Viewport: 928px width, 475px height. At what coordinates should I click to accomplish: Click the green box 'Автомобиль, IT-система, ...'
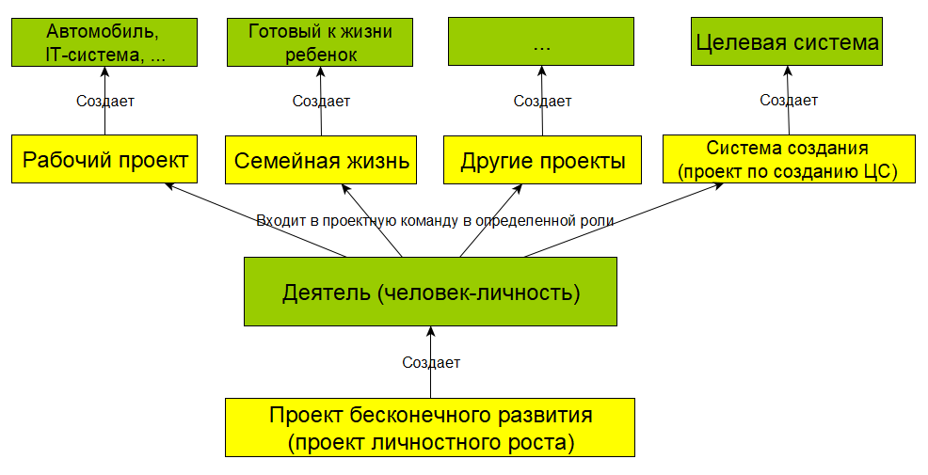click(104, 42)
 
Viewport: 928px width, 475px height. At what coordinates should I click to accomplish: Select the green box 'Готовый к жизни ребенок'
click(320, 42)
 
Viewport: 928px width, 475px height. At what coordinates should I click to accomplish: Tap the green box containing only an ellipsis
click(541, 40)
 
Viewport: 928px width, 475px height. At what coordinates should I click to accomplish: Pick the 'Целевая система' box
click(787, 40)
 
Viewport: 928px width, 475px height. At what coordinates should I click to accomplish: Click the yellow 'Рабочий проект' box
click(104, 159)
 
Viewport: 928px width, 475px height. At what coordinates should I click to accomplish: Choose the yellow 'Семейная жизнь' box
click(321, 160)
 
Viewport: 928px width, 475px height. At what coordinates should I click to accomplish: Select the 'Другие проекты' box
click(543, 160)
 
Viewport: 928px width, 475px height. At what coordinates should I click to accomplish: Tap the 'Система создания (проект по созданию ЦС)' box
click(789, 159)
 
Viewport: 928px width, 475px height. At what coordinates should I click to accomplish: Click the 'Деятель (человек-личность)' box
click(430, 292)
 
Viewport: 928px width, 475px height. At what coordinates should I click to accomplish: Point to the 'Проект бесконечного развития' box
click(430, 428)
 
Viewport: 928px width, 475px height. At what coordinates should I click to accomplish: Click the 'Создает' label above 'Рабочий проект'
click(105, 102)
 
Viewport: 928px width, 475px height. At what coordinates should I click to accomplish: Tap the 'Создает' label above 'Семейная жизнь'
click(321, 102)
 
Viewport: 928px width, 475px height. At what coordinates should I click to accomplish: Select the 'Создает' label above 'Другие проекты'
click(543, 102)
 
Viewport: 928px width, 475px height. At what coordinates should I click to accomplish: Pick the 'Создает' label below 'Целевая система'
click(789, 100)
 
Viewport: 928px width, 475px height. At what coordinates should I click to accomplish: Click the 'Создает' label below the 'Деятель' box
click(431, 362)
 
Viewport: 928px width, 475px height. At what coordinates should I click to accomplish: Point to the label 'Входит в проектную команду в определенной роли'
click(435, 221)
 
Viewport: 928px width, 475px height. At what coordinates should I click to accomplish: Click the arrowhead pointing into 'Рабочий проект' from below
click(169, 185)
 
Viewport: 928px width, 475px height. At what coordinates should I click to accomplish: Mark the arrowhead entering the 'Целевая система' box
click(787, 71)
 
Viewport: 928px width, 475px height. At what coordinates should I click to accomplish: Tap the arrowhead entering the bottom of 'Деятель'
click(430, 331)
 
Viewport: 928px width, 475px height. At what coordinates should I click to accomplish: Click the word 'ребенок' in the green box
click(321, 55)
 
